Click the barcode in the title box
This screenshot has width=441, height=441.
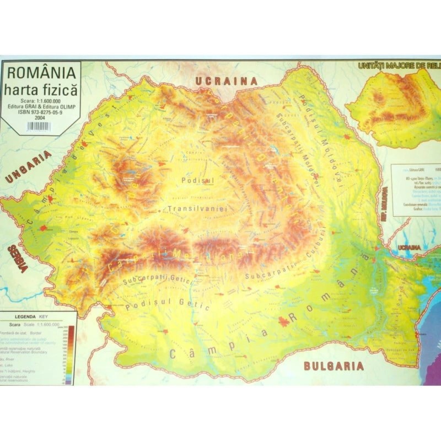pyautogui.click(x=39, y=126)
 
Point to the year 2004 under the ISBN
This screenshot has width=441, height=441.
pyautogui.click(x=40, y=117)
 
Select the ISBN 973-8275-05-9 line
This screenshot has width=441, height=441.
pyautogui.click(x=41, y=111)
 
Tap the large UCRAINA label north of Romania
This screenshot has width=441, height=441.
pyautogui.click(x=226, y=81)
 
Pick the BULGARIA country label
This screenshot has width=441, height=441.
pyautogui.click(x=334, y=365)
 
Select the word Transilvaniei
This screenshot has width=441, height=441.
pyautogui.click(x=197, y=209)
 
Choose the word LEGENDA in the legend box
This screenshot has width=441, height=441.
pyautogui.click(x=23, y=318)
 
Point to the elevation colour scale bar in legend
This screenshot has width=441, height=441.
pyautogui.click(x=70, y=353)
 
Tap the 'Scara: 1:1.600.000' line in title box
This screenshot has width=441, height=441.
pyautogui.click(x=41, y=100)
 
